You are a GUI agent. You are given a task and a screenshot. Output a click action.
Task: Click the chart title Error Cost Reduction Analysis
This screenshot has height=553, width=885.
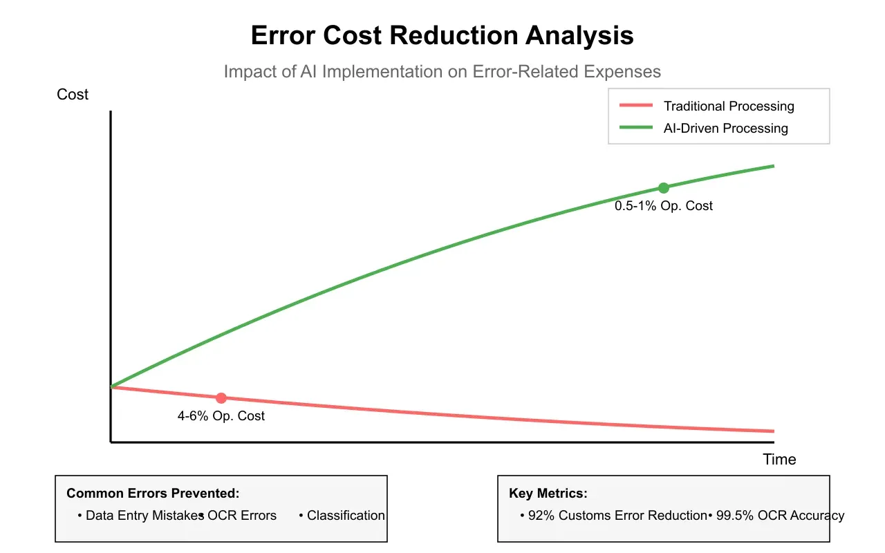tap(442, 35)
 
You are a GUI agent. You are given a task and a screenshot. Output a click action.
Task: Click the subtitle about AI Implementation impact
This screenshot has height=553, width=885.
tap(442, 71)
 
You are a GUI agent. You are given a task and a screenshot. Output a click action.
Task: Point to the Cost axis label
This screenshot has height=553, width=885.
tap(73, 95)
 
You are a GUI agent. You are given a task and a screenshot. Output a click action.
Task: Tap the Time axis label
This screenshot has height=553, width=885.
tap(779, 460)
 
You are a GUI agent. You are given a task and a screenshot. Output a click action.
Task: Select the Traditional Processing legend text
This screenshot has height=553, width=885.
tap(729, 106)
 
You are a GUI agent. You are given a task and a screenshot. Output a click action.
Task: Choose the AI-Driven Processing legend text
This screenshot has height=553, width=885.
tap(725, 129)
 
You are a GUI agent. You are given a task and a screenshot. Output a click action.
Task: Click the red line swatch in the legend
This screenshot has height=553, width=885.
tap(636, 106)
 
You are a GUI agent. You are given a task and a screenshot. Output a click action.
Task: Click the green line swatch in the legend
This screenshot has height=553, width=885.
tap(636, 128)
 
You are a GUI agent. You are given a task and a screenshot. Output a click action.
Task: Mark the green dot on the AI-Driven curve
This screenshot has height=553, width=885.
tap(664, 188)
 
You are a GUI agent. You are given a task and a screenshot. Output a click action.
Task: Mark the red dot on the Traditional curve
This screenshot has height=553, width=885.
tap(221, 398)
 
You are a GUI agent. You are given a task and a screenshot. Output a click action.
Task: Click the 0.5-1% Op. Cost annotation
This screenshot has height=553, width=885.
tap(664, 206)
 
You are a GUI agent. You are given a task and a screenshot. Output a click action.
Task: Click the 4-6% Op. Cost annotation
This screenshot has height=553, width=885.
tap(221, 416)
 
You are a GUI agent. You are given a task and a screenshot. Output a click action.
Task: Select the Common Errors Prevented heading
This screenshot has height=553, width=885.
tap(153, 494)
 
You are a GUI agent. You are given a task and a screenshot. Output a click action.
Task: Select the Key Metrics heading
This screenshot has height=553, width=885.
tap(548, 494)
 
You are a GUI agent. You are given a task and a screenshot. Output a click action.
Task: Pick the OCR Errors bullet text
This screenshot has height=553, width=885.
tap(241, 516)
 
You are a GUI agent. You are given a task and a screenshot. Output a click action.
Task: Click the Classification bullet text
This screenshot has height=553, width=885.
tap(345, 516)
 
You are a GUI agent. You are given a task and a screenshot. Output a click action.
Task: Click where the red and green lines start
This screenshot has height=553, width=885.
tap(111, 386)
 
